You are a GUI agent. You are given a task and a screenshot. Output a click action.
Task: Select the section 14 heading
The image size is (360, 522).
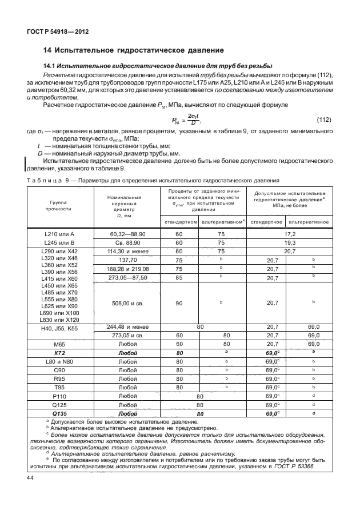[134, 50]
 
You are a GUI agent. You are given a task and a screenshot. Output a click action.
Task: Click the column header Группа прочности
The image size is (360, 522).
[59, 206]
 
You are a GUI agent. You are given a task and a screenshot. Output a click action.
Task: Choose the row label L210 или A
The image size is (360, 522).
[59, 234]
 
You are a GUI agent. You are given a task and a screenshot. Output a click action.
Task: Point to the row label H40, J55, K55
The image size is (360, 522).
[59, 328]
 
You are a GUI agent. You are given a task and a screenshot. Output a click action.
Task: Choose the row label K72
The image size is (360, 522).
[59, 353]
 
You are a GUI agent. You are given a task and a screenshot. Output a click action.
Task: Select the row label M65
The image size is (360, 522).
[59, 345]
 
